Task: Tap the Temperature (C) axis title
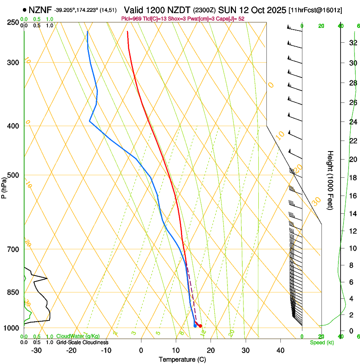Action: coord(182,359)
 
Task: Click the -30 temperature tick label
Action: coord(36,350)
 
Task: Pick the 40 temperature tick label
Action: coord(280,350)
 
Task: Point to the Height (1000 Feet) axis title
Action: coord(331,180)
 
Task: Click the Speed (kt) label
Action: coord(321,342)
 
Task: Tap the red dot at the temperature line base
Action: coord(200,325)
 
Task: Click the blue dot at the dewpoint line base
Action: coord(195,325)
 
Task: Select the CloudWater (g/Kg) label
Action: coord(78,336)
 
